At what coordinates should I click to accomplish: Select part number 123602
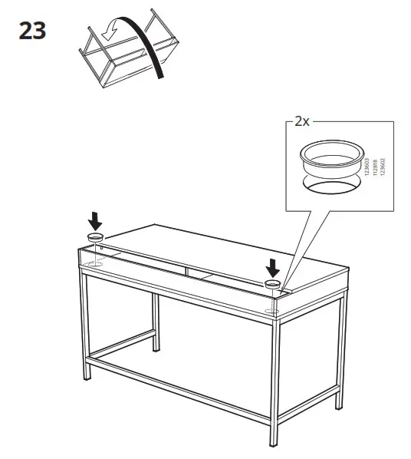[382, 169]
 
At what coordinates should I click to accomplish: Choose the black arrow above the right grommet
[272, 268]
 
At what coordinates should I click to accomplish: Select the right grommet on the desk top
[272, 285]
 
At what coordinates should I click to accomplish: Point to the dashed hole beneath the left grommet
[94, 264]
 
